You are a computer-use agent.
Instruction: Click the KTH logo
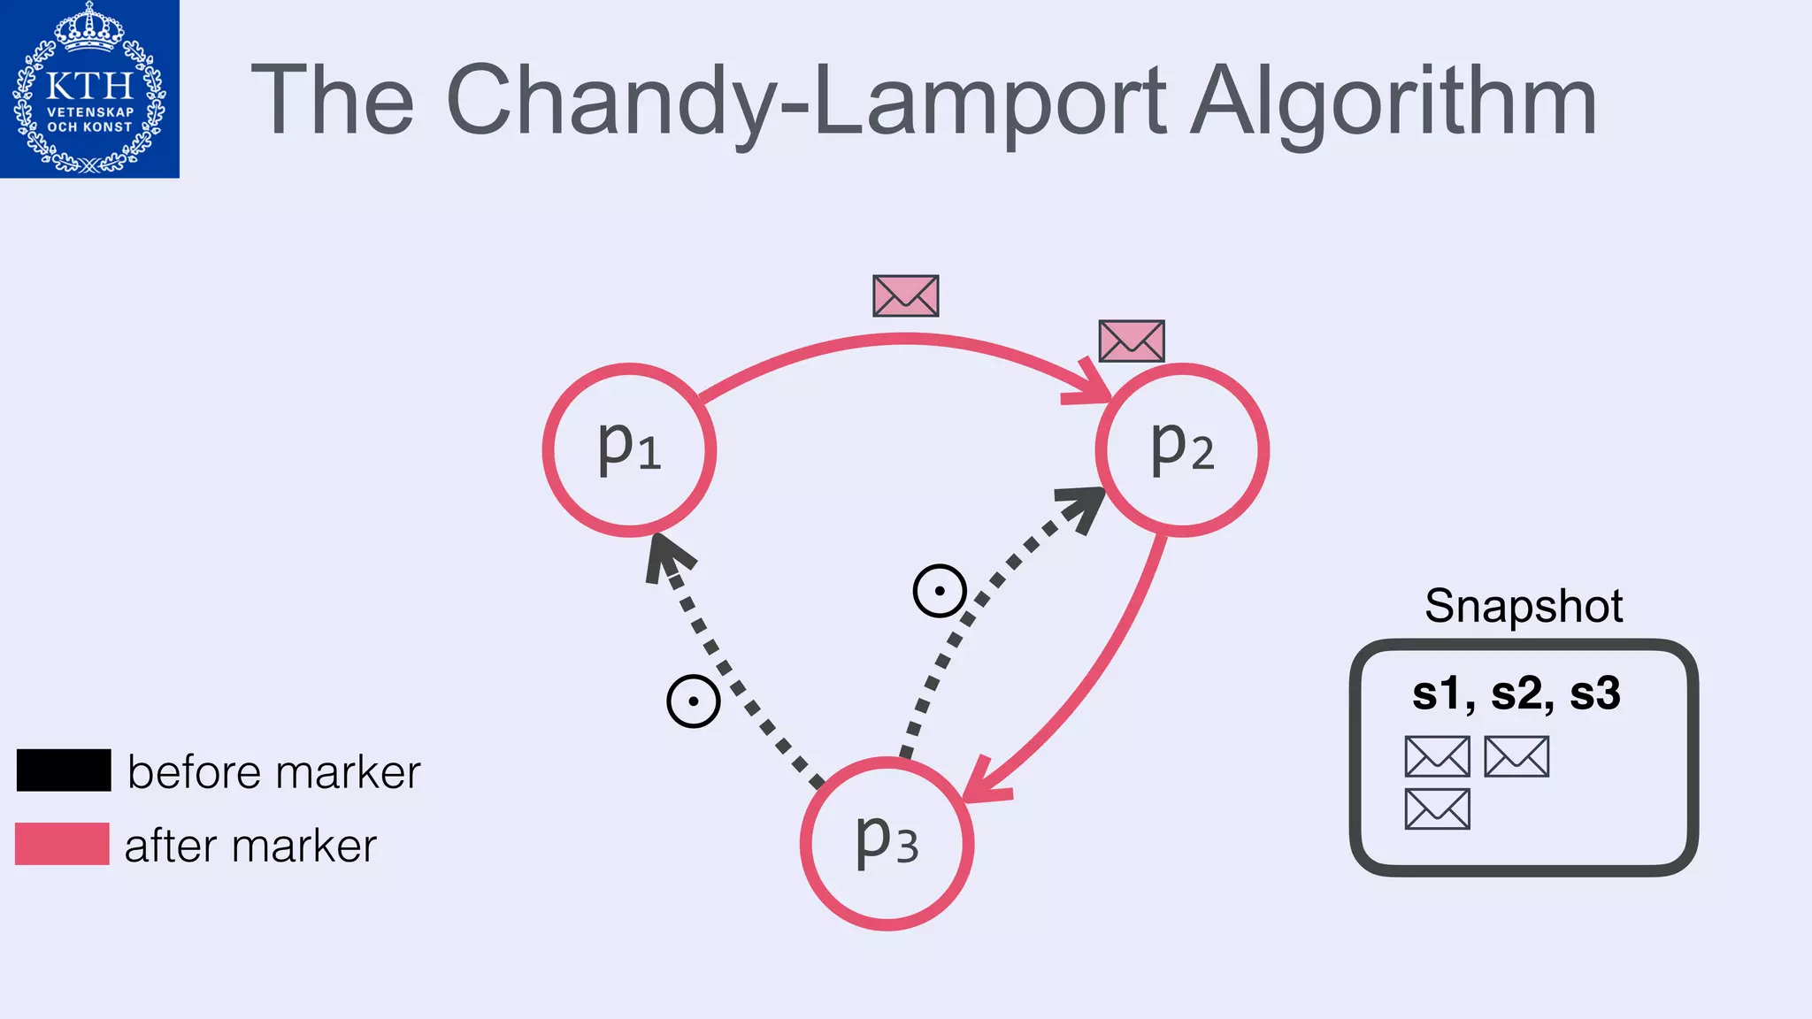click(x=89, y=88)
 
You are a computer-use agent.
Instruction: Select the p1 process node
click(x=629, y=450)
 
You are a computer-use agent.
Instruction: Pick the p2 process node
click(x=1182, y=450)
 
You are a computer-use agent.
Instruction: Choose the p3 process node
click(x=887, y=843)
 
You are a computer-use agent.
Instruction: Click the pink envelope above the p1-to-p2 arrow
click(x=905, y=295)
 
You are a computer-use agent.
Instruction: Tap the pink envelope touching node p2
click(x=1131, y=341)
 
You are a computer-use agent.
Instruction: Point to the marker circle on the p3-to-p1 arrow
click(x=694, y=701)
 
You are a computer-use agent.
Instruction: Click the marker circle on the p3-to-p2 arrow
click(x=939, y=591)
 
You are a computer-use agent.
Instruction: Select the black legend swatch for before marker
click(x=64, y=770)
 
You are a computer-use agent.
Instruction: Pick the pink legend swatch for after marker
click(x=62, y=843)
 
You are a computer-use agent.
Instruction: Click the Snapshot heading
click(x=1524, y=606)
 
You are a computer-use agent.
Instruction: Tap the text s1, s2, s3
click(x=1516, y=693)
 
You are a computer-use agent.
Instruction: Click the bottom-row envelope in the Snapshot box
click(x=1437, y=808)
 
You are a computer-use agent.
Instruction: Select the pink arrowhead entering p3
click(x=984, y=784)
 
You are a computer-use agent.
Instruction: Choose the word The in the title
click(x=333, y=102)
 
